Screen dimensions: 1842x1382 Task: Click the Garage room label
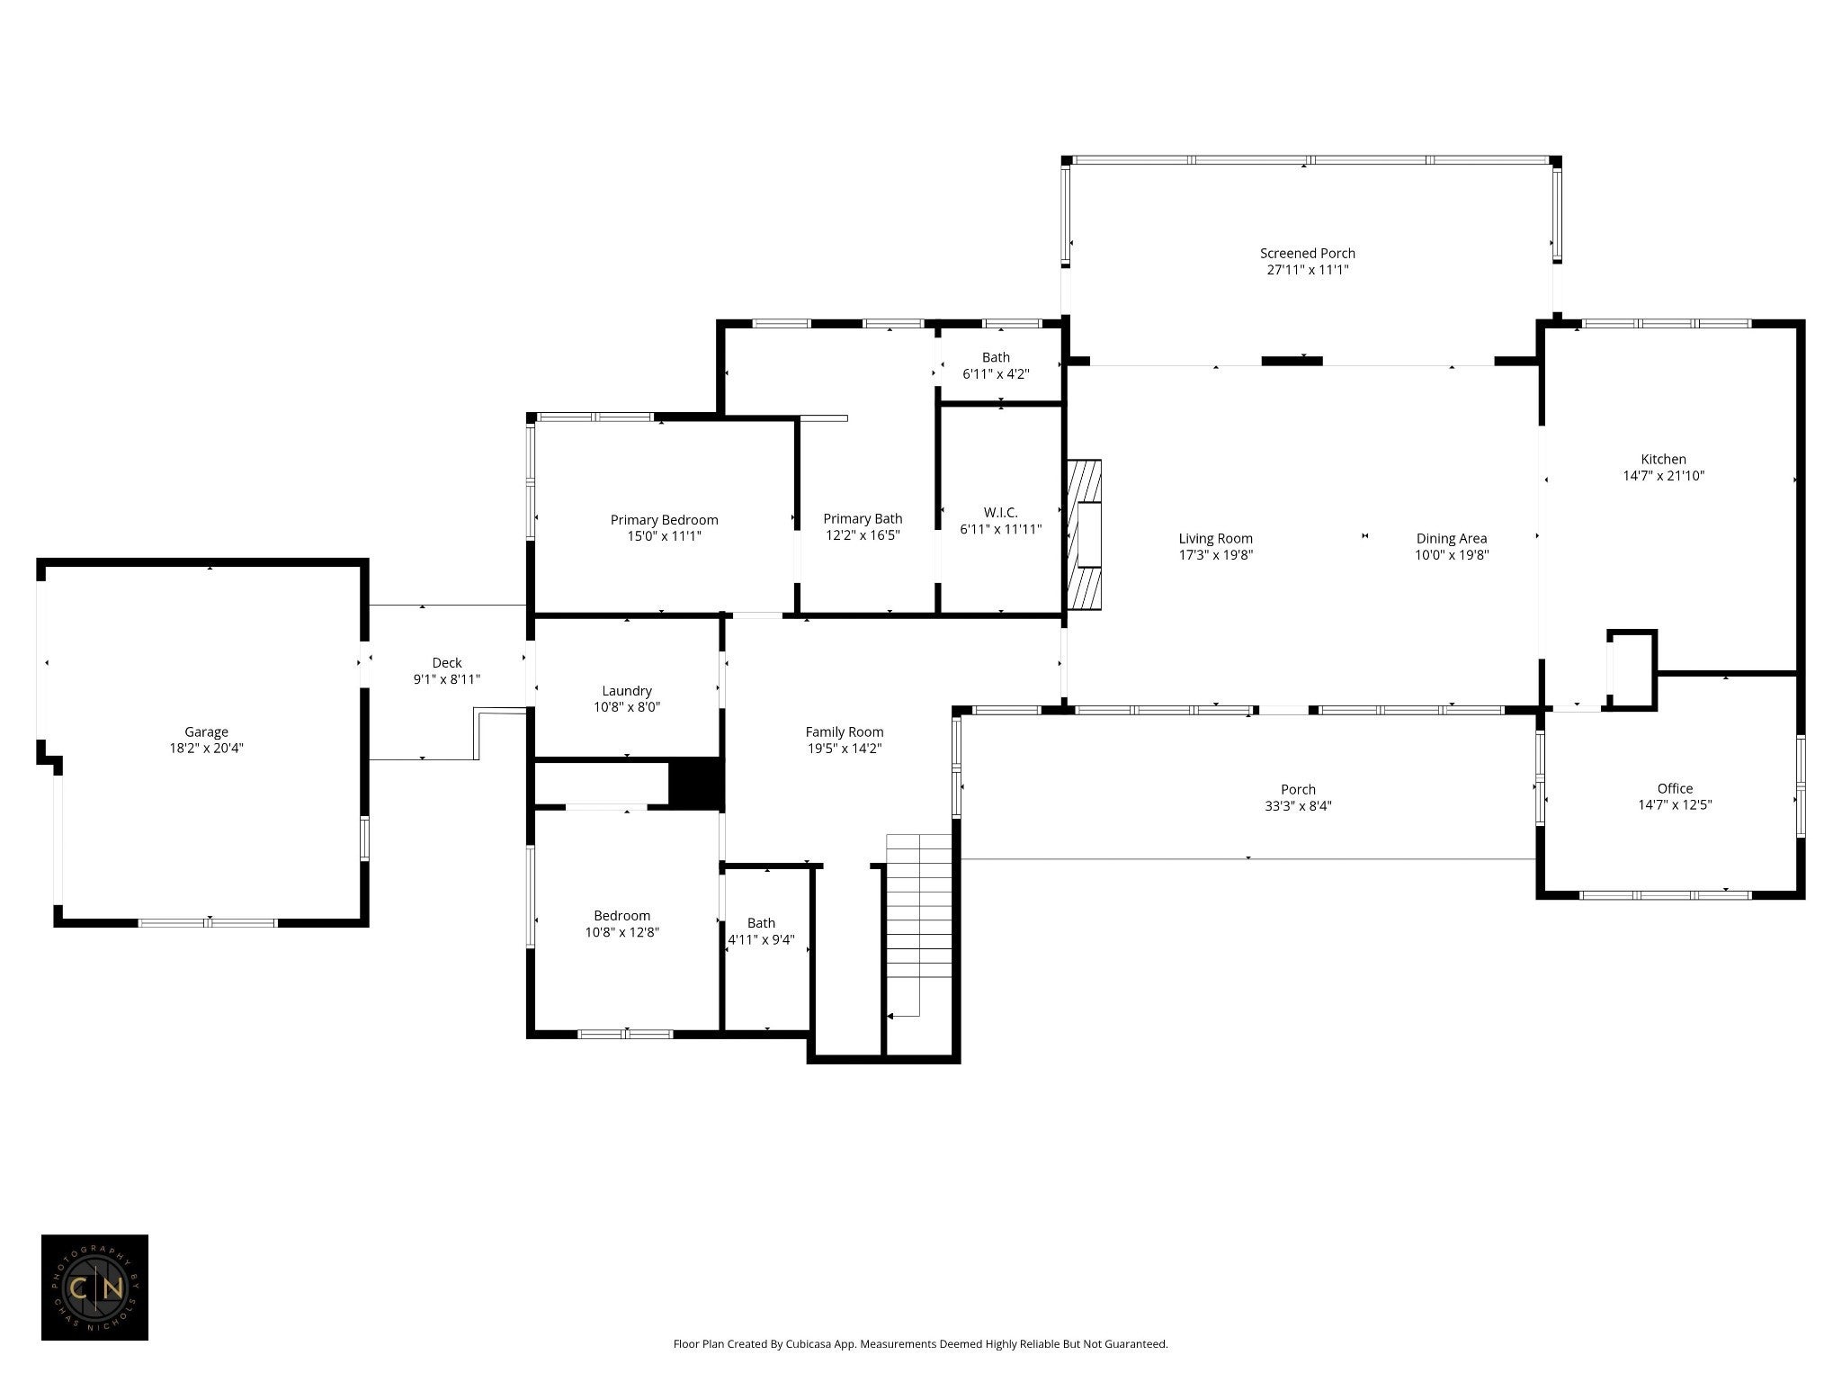coord(206,732)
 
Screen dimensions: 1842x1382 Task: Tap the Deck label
coord(447,663)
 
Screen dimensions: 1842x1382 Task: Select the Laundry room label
coord(627,691)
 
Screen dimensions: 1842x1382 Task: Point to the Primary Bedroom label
coord(664,520)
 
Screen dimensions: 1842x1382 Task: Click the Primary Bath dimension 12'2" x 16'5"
coord(863,535)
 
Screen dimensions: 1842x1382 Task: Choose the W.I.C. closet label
coord(1001,513)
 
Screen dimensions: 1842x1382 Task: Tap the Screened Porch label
coord(1308,254)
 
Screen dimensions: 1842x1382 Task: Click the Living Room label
coord(1216,539)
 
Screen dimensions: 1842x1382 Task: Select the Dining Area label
coord(1452,539)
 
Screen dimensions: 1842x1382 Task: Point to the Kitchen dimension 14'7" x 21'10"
coord(1664,476)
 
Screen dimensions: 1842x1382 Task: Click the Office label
coord(1675,789)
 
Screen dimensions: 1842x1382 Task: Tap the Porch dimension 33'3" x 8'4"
coord(1298,806)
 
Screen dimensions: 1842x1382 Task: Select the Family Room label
coord(845,732)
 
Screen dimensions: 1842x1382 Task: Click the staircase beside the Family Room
coord(918,926)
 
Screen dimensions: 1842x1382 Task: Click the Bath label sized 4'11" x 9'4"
coord(761,923)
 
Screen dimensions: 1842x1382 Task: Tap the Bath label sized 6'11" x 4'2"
coord(996,357)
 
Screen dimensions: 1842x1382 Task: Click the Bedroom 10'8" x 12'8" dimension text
coord(622,932)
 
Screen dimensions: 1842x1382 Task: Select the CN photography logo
coord(94,1288)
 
